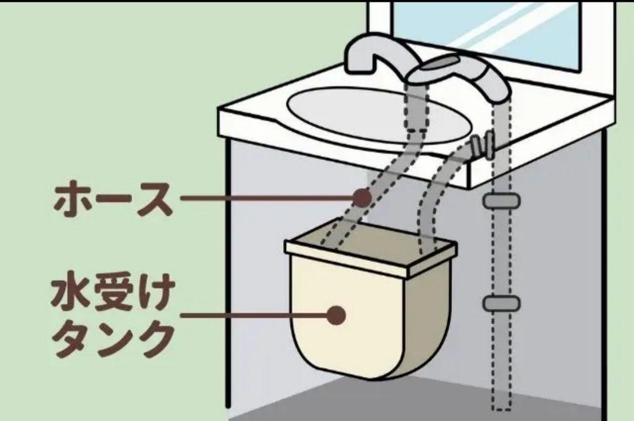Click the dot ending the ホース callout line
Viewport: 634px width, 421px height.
point(362,198)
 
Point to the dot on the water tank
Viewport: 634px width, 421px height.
point(336,315)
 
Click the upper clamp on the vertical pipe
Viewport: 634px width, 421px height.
point(502,201)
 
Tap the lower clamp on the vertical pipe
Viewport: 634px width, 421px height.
point(502,303)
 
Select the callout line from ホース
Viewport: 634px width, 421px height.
point(267,198)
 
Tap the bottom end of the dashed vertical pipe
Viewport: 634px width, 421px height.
point(502,409)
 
